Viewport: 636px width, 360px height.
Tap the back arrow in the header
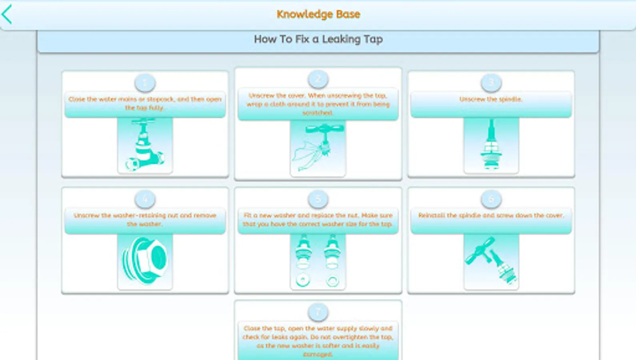(7, 14)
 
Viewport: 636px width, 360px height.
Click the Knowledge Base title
(318, 14)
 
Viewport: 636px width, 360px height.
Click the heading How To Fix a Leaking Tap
(318, 39)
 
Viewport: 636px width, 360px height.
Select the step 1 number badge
(145, 83)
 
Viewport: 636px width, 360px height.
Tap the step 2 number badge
(318, 79)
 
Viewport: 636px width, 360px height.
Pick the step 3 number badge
(491, 83)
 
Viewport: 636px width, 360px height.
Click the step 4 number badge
(145, 199)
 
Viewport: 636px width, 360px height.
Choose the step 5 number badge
(318, 199)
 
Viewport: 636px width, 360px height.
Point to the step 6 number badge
(491, 199)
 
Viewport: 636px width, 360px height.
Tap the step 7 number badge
(318, 312)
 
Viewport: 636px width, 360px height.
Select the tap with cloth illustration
(318, 148)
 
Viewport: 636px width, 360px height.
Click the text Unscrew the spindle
(491, 99)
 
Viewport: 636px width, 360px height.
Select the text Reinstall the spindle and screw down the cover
(491, 215)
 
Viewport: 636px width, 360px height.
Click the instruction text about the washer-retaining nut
(145, 219)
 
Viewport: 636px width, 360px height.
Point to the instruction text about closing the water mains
(145, 103)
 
